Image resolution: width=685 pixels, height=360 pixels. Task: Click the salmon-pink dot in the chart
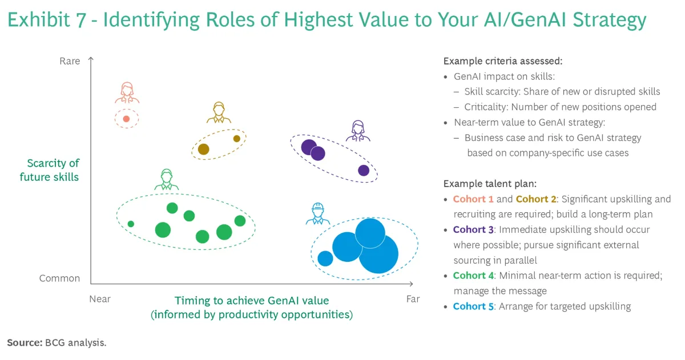(126, 119)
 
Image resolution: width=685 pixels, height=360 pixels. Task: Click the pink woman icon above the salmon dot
(127, 92)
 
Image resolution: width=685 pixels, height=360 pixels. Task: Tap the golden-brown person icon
(219, 112)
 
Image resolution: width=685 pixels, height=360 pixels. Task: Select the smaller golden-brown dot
(237, 139)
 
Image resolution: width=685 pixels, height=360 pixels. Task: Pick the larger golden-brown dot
(204, 149)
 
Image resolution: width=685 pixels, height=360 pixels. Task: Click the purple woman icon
(358, 131)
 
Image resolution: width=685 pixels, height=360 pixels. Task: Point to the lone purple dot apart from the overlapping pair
(364, 170)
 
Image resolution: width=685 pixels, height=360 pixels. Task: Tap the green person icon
(167, 179)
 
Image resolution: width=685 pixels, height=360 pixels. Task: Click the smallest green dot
(131, 224)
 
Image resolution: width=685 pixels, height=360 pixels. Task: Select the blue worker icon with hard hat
(318, 213)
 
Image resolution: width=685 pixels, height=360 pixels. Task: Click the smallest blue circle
(325, 258)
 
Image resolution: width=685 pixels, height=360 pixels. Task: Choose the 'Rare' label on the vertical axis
(70, 61)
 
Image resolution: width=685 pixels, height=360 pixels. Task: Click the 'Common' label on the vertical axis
(59, 278)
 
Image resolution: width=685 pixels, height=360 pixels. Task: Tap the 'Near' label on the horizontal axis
(100, 299)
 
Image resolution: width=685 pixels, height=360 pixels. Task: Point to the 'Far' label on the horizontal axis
(413, 299)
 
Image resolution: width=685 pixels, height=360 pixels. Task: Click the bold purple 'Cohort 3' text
(473, 229)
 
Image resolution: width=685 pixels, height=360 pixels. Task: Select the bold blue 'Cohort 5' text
(473, 306)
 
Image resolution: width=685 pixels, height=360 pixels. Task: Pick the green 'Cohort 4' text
(473, 276)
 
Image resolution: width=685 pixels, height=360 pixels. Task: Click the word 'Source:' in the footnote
(25, 342)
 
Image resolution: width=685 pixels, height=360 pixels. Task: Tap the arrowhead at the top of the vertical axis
(91, 59)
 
